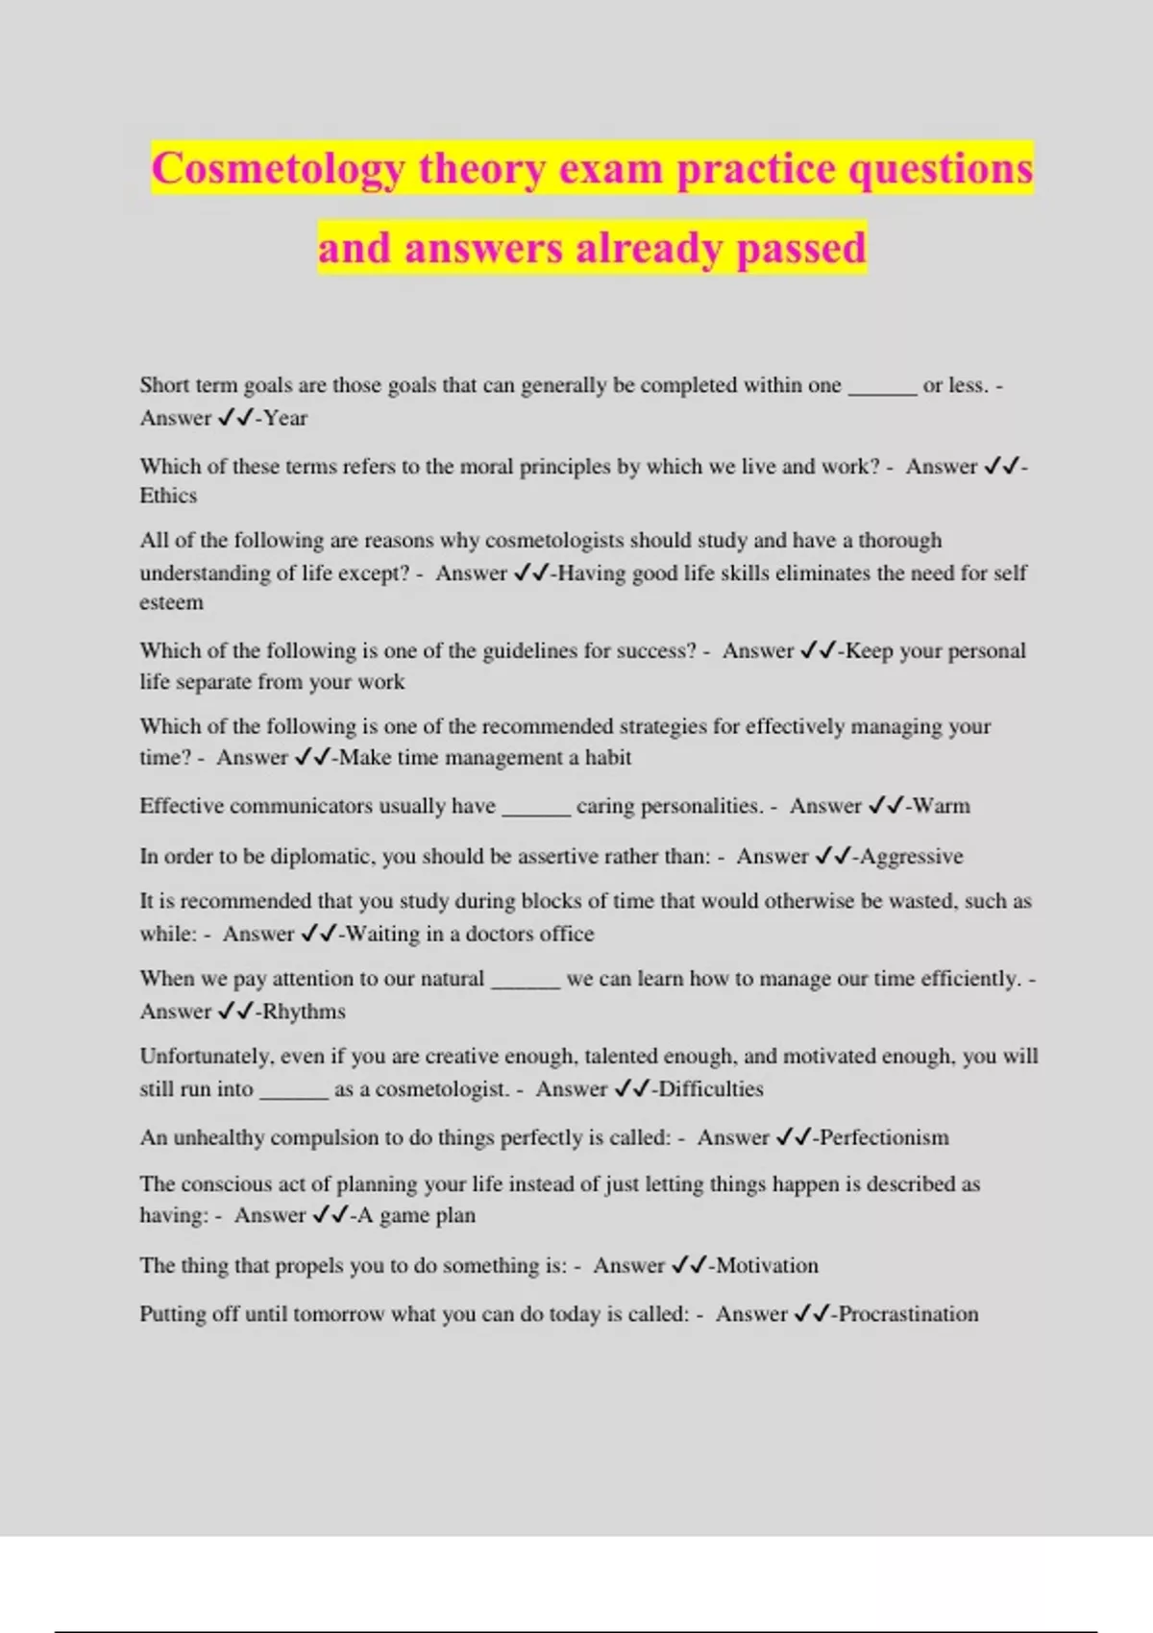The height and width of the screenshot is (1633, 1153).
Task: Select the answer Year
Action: pyautogui.click(x=285, y=419)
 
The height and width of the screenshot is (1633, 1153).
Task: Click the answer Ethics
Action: pyautogui.click(x=168, y=496)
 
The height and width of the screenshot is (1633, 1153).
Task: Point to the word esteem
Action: pyautogui.click(x=171, y=602)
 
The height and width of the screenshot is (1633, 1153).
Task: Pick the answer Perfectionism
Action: pyautogui.click(x=884, y=1138)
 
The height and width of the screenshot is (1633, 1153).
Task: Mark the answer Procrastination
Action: pyautogui.click(x=908, y=1314)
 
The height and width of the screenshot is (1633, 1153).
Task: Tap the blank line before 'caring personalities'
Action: pyautogui.click(x=536, y=810)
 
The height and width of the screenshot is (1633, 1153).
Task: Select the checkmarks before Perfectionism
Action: pyautogui.click(x=794, y=1138)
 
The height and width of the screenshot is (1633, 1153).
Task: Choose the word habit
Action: pyautogui.click(x=608, y=758)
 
